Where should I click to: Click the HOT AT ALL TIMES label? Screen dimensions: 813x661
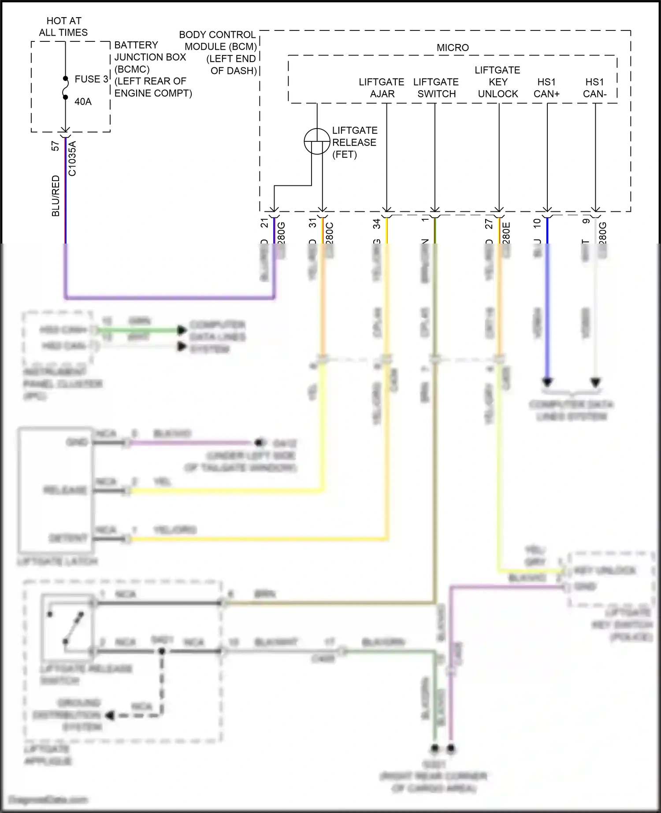[x=63, y=26]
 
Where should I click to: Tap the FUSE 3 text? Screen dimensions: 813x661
[x=91, y=79]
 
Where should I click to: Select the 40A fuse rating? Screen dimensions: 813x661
[x=83, y=102]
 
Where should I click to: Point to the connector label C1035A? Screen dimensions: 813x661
[x=72, y=159]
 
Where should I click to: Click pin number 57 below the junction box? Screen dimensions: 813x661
[x=56, y=146]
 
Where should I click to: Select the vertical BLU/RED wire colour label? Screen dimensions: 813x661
[x=56, y=196]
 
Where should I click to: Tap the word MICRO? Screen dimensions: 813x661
[x=453, y=48]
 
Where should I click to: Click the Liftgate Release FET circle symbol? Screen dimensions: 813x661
[x=317, y=142]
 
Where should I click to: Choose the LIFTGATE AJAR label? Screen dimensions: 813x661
[x=382, y=88]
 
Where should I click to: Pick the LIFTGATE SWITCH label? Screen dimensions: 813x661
[x=436, y=88]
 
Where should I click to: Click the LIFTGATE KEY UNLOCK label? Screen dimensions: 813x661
[x=498, y=82]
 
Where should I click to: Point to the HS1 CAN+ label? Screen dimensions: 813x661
[x=546, y=88]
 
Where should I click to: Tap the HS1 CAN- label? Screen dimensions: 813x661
[x=594, y=88]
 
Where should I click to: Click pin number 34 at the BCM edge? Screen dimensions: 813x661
[x=377, y=225]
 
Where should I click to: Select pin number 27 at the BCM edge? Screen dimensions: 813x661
[x=489, y=225]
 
